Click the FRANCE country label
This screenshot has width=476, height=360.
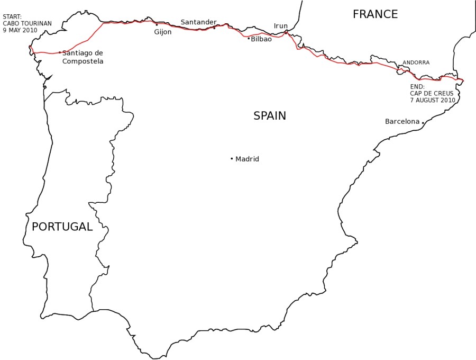click(x=375, y=14)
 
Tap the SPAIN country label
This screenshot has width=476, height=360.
click(x=270, y=116)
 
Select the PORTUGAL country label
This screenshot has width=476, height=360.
click(x=62, y=227)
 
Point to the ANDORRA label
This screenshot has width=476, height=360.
click(x=416, y=62)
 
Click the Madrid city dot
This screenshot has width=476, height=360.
click(x=232, y=158)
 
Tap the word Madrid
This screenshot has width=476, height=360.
click(x=247, y=159)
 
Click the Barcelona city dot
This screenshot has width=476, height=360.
click(x=423, y=122)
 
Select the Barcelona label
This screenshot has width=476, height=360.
click(x=402, y=122)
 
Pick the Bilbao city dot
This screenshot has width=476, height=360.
click(x=249, y=38)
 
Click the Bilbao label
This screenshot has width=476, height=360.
click(x=261, y=39)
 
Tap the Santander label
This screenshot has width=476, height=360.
click(x=198, y=22)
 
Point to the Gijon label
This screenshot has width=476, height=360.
click(x=163, y=32)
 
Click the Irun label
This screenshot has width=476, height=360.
click(x=281, y=26)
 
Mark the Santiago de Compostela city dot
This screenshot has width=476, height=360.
click(x=60, y=52)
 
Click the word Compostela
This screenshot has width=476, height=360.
click(x=83, y=61)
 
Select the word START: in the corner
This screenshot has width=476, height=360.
click(x=12, y=16)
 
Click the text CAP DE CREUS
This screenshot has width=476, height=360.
click(x=432, y=93)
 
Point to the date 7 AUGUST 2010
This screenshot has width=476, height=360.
click(x=433, y=100)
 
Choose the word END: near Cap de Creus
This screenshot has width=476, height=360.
click(x=417, y=86)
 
